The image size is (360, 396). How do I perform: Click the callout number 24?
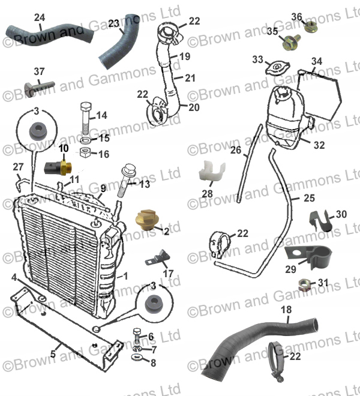point(39,18)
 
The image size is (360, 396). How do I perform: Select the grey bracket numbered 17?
point(158,259)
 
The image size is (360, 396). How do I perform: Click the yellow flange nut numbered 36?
point(311,26)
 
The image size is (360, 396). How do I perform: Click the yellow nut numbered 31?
point(304,283)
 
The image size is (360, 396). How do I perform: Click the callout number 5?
point(53,354)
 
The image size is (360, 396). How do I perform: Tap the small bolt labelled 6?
point(136,334)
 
